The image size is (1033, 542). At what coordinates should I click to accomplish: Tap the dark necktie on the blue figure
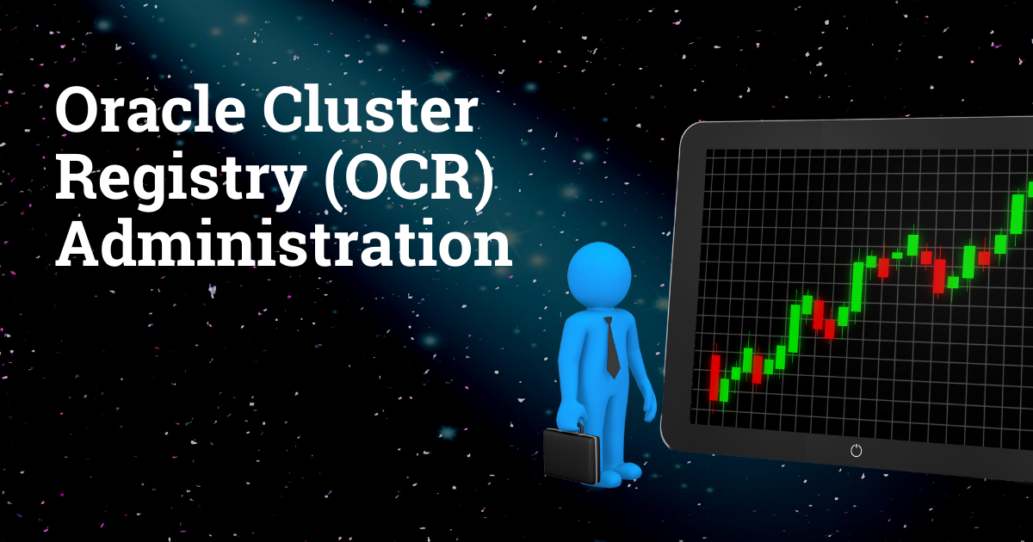pyautogui.click(x=611, y=348)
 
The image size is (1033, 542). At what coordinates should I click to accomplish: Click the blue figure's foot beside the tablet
pyautogui.click(x=626, y=471)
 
